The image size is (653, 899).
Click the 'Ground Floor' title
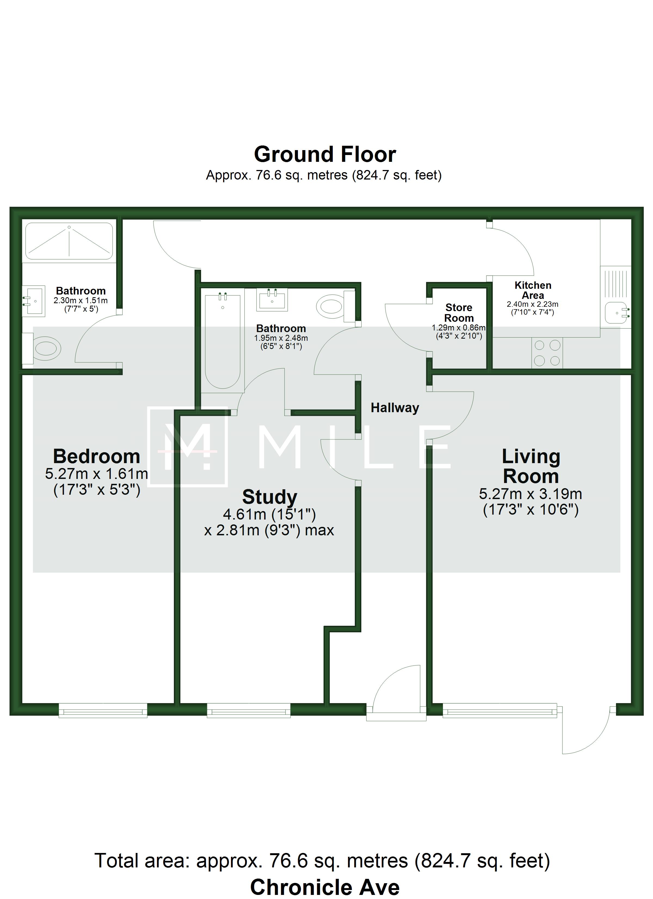coord(325,154)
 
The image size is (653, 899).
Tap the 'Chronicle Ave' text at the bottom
coord(325,887)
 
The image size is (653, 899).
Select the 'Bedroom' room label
coord(97,457)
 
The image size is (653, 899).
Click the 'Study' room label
coord(270,497)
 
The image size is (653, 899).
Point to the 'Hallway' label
coord(395,408)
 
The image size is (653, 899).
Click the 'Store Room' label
coord(459,313)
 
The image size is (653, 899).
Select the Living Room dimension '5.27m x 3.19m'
coord(531,494)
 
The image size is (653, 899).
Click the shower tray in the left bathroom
coord(69,241)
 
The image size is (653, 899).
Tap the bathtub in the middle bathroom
coord(223,341)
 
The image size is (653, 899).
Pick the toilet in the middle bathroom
coord(336,306)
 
